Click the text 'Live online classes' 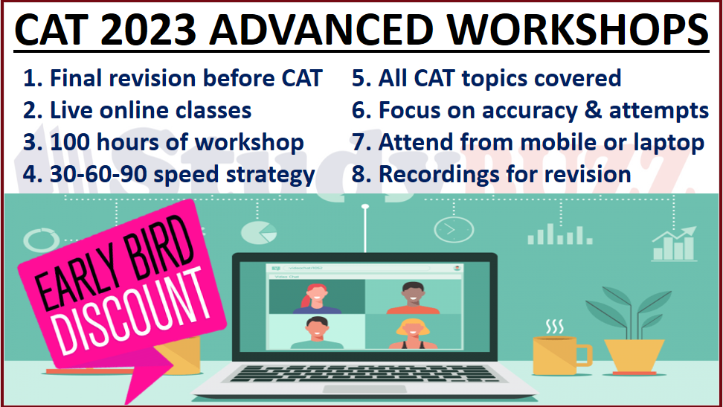pos(150,110)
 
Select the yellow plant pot pos(633,356)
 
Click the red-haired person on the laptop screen pos(315,298)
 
